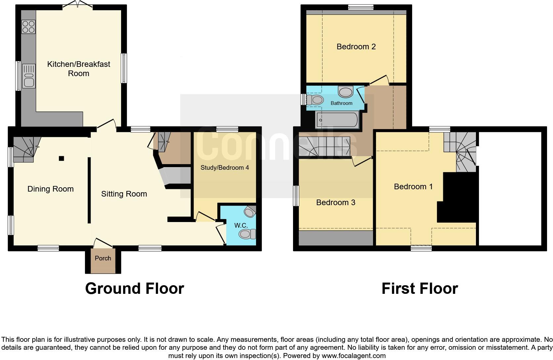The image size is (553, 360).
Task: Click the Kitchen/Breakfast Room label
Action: [x=79, y=68]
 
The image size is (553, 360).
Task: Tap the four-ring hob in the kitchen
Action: [x=28, y=27]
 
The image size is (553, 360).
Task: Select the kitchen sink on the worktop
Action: [x=29, y=76]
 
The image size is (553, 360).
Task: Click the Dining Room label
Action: [x=51, y=189]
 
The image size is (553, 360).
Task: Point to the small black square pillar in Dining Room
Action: [x=61, y=158]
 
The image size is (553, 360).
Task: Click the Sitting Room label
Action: [x=124, y=194]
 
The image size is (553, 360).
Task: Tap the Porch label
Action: [x=103, y=258]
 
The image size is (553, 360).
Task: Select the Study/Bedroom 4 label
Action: [x=225, y=167]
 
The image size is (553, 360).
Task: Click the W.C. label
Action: [x=241, y=225]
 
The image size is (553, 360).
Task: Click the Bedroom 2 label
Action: [x=356, y=47]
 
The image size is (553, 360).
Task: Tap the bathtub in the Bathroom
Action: [x=337, y=120]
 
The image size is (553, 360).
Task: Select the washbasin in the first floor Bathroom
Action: [x=346, y=92]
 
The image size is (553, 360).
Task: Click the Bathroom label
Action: [x=341, y=103]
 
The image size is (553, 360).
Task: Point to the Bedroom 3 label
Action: [x=336, y=202]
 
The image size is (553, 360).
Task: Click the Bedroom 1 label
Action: [x=413, y=187]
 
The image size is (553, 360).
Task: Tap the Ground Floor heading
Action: [x=135, y=288]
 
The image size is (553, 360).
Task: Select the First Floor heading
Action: [x=419, y=288]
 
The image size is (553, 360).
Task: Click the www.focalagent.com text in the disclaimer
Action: [x=354, y=356]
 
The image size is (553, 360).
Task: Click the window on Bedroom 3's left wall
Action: [x=296, y=196]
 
